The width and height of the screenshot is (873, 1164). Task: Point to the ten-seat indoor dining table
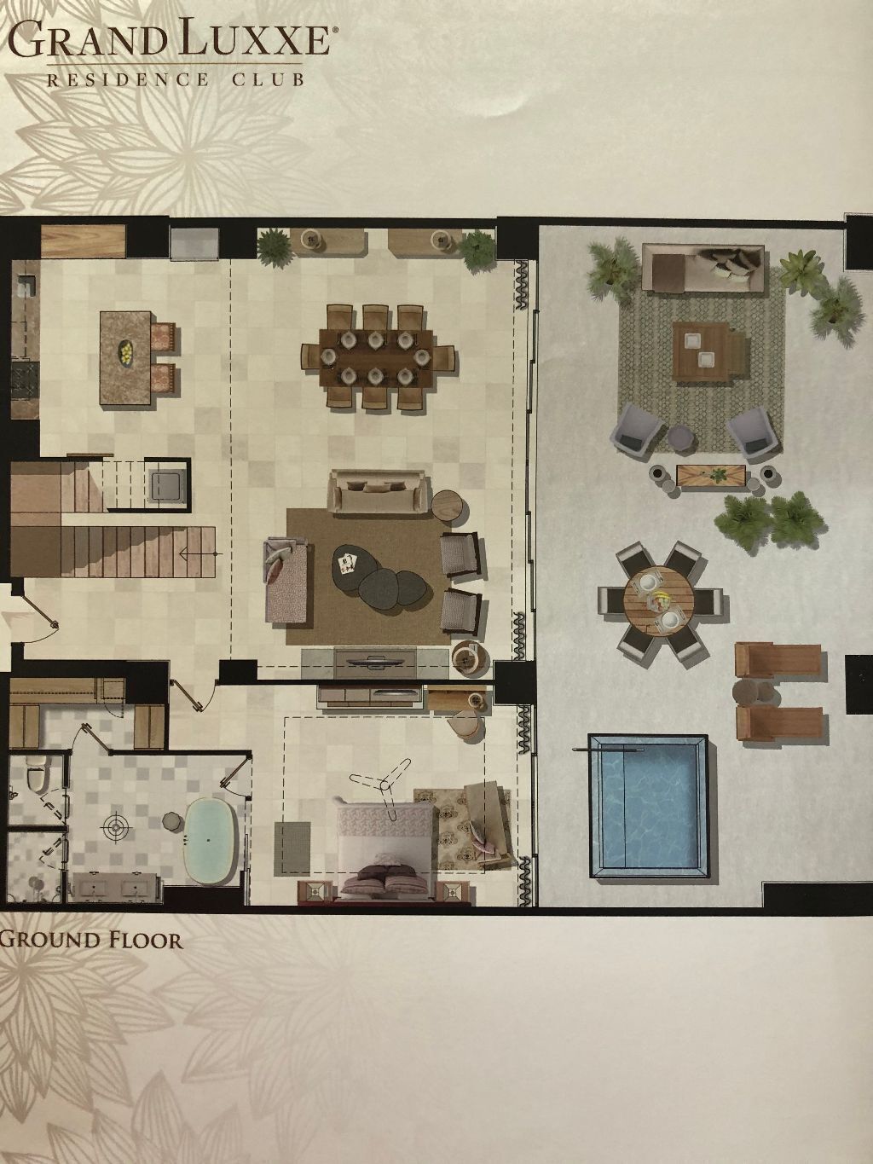point(376,357)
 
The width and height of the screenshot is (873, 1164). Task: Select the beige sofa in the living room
point(377,492)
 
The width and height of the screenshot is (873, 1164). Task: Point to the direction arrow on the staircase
point(198,553)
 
